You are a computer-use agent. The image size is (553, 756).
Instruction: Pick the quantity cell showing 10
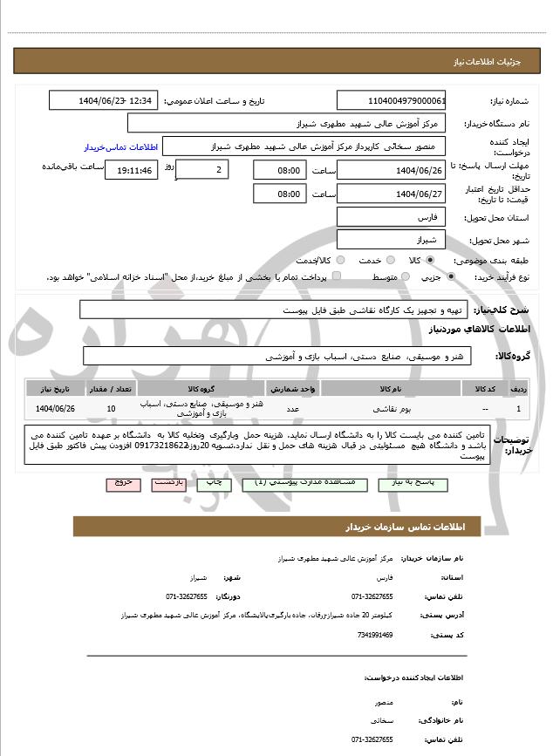click(x=111, y=408)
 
